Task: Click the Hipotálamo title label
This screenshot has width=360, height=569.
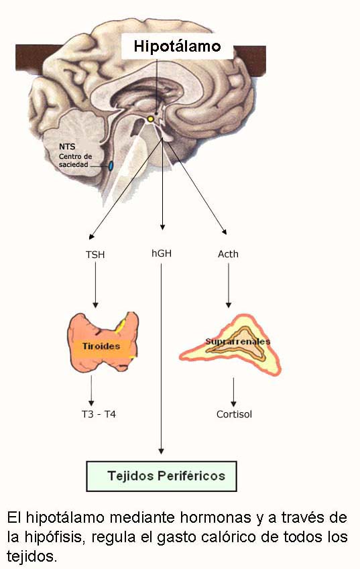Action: (x=177, y=46)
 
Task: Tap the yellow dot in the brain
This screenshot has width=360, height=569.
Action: (x=151, y=119)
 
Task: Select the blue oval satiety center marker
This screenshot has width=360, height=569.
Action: (x=111, y=166)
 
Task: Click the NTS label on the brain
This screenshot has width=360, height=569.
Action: (x=67, y=147)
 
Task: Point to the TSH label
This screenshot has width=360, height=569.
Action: (x=95, y=255)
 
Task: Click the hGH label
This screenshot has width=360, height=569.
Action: (x=162, y=253)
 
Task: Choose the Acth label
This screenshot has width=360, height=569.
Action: (x=228, y=254)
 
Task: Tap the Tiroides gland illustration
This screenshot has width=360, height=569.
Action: (x=103, y=342)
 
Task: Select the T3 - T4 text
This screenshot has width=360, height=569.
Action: (x=99, y=414)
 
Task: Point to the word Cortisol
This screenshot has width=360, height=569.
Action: (x=234, y=414)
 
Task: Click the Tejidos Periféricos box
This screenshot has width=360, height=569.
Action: (x=162, y=476)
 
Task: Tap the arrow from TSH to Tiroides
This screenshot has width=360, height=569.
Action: (x=95, y=285)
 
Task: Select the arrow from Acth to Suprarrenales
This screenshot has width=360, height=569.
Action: (x=228, y=286)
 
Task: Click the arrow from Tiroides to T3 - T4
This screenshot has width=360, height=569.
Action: (x=91, y=391)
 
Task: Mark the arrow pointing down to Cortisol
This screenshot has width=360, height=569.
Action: (x=233, y=392)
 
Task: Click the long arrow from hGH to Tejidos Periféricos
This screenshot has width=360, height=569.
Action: (x=161, y=359)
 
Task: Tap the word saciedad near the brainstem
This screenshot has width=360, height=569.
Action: (x=74, y=164)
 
